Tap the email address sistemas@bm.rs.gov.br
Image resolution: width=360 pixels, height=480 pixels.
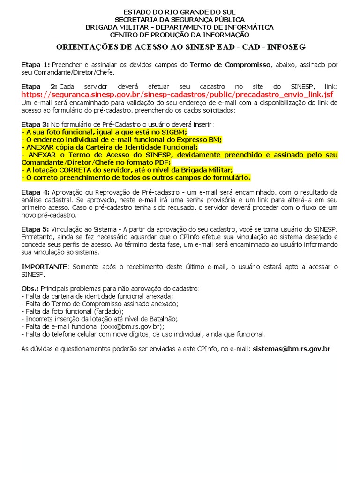291,349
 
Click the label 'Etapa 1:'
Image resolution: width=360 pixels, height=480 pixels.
35,64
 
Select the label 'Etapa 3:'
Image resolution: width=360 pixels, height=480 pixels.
35,124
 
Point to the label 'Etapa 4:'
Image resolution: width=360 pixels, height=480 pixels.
35,192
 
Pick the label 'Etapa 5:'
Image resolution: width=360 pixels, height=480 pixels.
35,229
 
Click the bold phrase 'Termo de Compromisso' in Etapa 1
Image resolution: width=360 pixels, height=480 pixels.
230,64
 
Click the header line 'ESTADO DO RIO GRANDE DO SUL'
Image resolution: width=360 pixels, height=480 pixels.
180,12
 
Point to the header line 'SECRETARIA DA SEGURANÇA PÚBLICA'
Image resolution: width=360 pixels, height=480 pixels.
180,19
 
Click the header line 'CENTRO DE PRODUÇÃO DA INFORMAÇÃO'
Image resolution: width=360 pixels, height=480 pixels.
180,34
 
